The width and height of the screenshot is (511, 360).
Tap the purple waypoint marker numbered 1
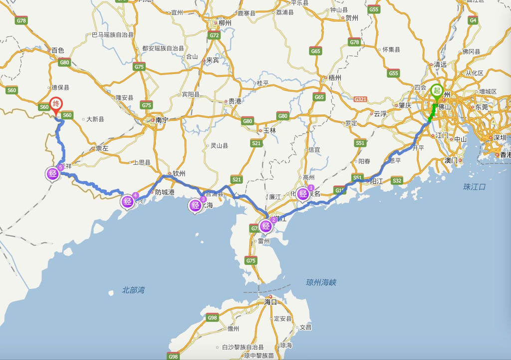tap(303, 194)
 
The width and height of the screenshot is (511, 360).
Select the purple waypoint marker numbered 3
tap(196, 205)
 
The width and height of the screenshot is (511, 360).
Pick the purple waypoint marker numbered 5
tap(53, 174)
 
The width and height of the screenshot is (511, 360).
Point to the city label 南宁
tap(161, 120)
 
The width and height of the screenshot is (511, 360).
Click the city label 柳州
tap(224, 23)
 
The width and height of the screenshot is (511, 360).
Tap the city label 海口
tap(270, 302)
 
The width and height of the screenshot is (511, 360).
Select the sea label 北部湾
tap(133, 290)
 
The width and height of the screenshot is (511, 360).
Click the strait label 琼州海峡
tap(321, 283)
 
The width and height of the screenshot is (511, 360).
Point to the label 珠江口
tap(474, 187)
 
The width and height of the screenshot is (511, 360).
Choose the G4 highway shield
tap(473, 20)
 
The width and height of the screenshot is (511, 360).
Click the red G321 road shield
tap(360, 99)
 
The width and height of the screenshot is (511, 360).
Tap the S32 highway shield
tap(397, 181)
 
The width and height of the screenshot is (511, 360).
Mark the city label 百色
tap(58, 50)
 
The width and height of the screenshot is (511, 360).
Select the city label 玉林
tap(269, 130)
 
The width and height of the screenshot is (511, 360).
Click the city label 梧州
tap(334, 78)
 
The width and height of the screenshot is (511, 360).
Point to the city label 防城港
tap(165, 192)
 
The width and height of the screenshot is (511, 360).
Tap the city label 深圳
tap(500, 138)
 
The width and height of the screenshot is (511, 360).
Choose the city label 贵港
tap(235, 101)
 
